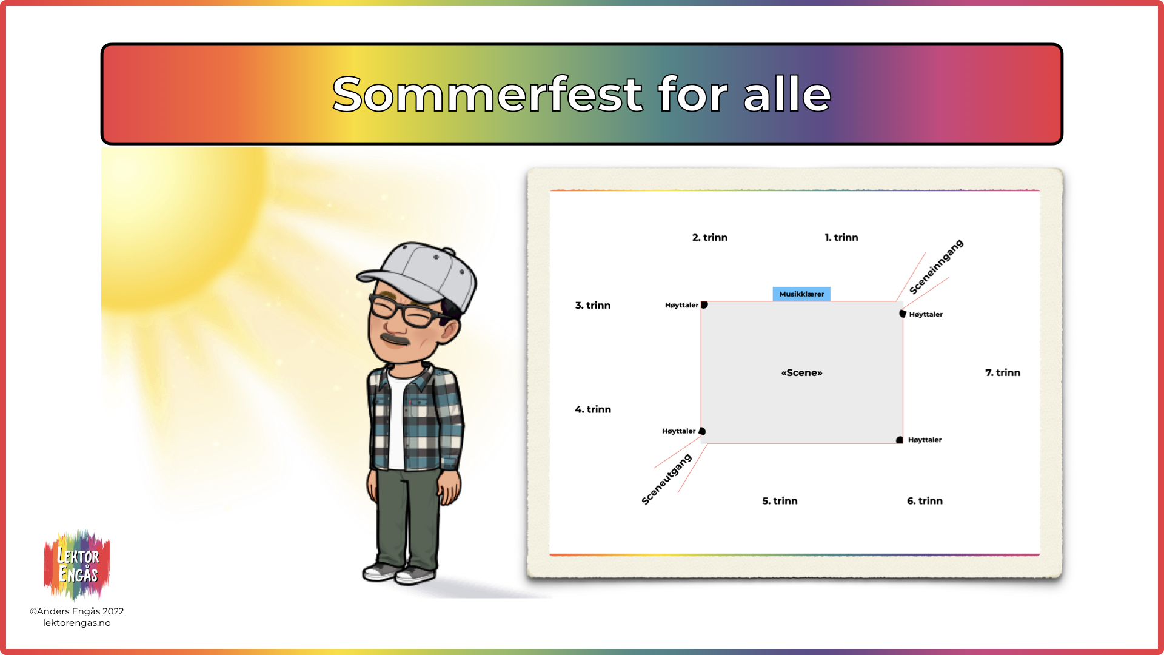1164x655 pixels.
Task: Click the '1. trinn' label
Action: [x=841, y=238]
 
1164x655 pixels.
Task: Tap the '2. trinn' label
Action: [x=710, y=238]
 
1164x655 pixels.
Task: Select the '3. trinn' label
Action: [x=593, y=306]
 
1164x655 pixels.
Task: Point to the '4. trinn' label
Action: [x=593, y=410]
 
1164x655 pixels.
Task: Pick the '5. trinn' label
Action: [x=780, y=501]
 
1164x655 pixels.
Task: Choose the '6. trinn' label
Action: [x=925, y=501]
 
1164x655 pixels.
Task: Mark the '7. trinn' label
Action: [x=1003, y=373]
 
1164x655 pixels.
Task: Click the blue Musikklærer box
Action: [x=801, y=294]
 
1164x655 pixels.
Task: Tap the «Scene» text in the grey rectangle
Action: [x=801, y=373]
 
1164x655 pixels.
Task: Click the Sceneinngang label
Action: [x=936, y=267]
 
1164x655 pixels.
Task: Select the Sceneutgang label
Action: [x=666, y=479]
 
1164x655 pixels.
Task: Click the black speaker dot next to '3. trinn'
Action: [x=704, y=305]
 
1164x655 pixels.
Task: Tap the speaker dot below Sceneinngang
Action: [x=903, y=314]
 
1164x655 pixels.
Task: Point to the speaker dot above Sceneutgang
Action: [x=702, y=431]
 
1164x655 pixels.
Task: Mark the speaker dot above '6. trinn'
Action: [x=900, y=440]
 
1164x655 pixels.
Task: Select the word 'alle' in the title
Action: [x=787, y=95]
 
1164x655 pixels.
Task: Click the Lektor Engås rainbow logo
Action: [x=77, y=565]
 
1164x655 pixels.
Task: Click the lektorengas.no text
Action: [x=77, y=623]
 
